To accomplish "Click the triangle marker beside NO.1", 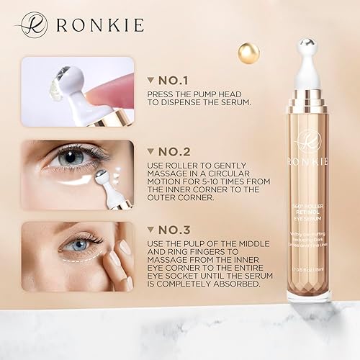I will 150,81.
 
